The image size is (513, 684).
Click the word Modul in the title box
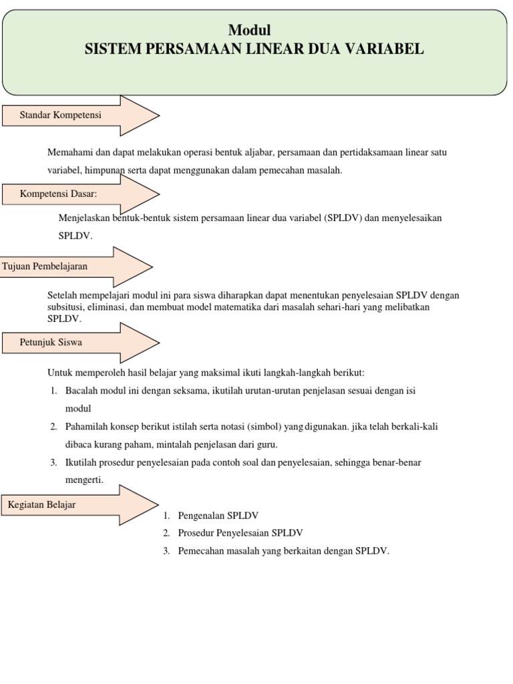click(250, 30)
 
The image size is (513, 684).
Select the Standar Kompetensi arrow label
click(61, 115)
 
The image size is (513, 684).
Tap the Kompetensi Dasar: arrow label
click(59, 194)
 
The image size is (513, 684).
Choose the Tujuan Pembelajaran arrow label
click(45, 266)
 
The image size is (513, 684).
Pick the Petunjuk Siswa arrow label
click(51, 342)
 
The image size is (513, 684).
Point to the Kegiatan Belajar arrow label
click(41, 504)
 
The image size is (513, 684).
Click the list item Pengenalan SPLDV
click(218, 516)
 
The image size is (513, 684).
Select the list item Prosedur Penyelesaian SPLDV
click(240, 533)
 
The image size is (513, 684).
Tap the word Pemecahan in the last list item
click(198, 551)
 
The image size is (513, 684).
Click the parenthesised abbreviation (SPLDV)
click(343, 218)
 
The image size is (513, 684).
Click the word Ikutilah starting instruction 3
click(81, 462)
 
